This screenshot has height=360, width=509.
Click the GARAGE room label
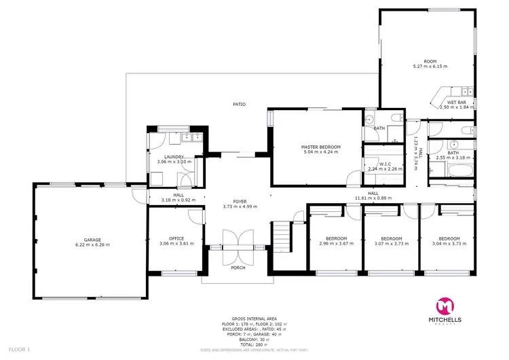point(92,239)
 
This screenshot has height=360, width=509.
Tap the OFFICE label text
point(176,238)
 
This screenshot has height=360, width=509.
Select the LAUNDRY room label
point(174,157)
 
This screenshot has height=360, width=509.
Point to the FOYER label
point(240,201)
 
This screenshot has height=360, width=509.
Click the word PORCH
point(238,268)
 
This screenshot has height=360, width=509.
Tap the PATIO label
point(239,104)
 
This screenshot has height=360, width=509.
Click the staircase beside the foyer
point(281,236)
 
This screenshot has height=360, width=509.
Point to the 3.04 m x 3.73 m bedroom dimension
point(449,244)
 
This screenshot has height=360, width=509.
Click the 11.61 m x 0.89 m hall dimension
point(373,198)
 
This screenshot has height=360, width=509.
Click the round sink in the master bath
point(369,120)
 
